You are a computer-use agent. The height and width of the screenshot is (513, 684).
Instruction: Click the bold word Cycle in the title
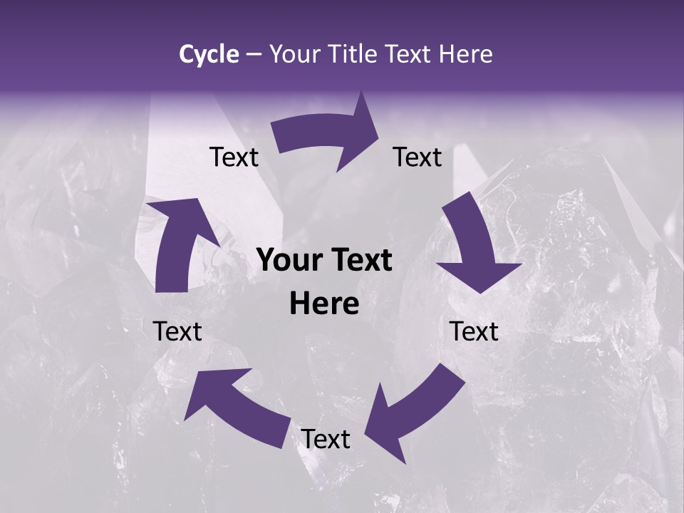(209, 54)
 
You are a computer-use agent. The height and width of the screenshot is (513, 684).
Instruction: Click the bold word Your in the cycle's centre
(288, 261)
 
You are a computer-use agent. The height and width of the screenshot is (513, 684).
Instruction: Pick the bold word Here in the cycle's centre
(324, 304)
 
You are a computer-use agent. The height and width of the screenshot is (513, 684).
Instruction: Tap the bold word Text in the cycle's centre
(359, 261)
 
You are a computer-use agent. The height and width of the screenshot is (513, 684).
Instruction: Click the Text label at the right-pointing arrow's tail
(234, 157)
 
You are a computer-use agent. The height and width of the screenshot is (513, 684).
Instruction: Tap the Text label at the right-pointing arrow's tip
(418, 157)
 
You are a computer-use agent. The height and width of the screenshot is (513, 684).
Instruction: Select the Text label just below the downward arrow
(474, 331)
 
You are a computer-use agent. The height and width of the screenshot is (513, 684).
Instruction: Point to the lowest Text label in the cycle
(326, 440)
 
